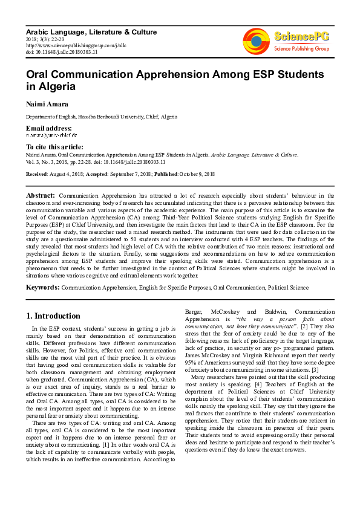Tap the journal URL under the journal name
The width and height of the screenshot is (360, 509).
pos(68,45)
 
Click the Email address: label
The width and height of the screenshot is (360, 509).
pos(48,128)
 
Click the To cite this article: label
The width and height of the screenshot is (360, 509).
pos(54,147)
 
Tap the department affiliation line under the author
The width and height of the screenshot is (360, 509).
pos(101,116)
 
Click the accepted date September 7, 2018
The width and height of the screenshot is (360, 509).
pos(130,173)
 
